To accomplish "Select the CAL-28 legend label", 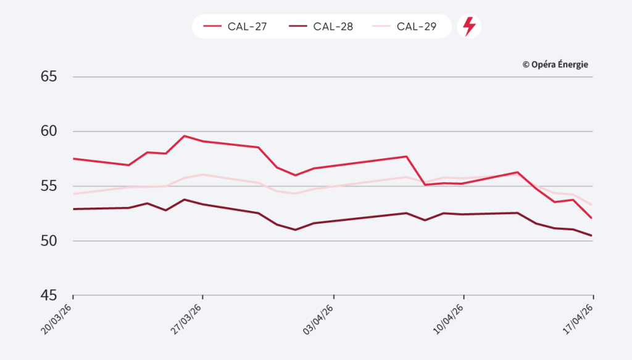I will tap(333, 27).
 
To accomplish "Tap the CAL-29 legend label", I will tap(417, 27).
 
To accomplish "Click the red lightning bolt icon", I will tap(469, 27).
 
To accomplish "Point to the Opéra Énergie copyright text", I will tap(555, 64).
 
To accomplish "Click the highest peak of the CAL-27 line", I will tap(185, 136).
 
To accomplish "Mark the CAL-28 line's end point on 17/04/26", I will tap(592, 235).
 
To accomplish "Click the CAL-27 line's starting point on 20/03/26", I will tap(73, 159).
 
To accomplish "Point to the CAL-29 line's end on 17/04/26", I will tap(592, 204).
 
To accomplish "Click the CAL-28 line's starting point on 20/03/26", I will tap(73, 209).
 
